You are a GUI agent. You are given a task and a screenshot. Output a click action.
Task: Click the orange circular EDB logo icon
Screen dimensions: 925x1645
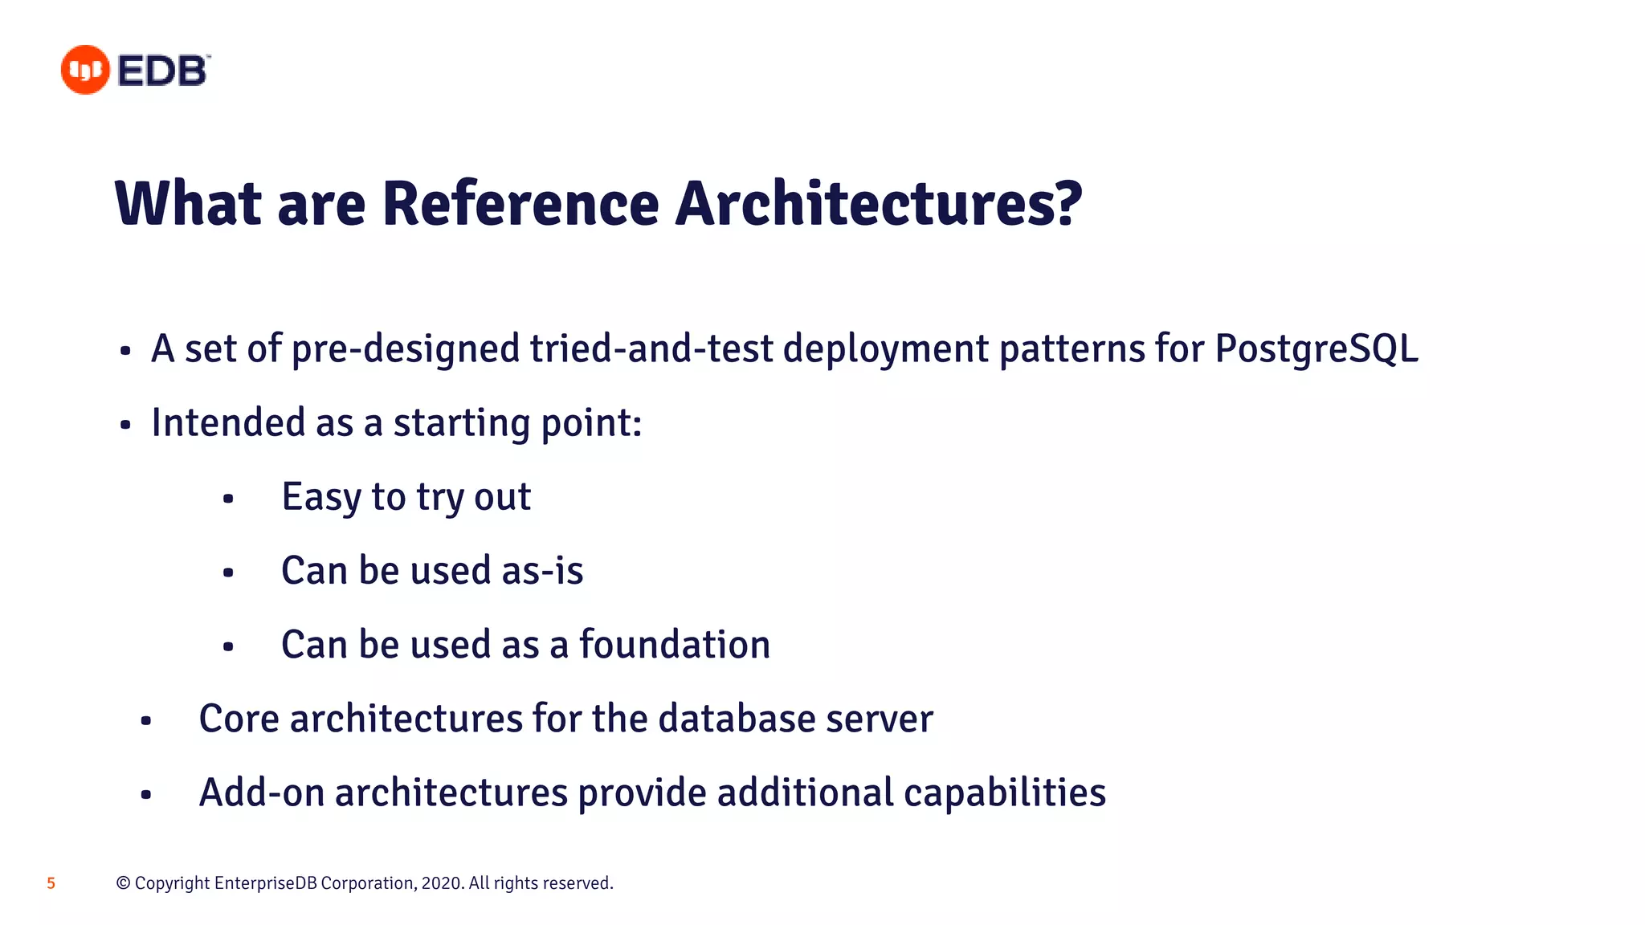pyautogui.click(x=85, y=70)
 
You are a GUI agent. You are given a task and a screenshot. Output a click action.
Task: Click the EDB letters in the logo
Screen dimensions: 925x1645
pyautogui.click(x=163, y=71)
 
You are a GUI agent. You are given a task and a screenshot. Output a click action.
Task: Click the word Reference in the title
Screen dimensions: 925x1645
pyautogui.click(x=520, y=204)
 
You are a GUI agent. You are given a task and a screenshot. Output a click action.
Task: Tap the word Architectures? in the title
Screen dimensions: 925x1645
pyautogui.click(x=879, y=204)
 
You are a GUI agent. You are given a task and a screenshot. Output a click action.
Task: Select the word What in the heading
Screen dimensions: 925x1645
pyautogui.click(x=189, y=204)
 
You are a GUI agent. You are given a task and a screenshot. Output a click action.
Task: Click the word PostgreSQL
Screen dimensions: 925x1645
pyautogui.click(x=1316, y=349)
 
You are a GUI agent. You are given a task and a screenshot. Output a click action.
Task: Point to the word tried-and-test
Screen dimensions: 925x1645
pyautogui.click(x=651, y=349)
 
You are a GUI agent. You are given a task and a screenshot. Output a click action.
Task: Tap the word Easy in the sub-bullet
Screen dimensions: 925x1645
pyautogui.click(x=321, y=498)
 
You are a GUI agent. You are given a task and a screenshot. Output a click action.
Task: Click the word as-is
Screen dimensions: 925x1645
pyautogui.click(x=542, y=571)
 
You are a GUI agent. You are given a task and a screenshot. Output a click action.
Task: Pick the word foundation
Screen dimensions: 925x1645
pyautogui.click(x=674, y=645)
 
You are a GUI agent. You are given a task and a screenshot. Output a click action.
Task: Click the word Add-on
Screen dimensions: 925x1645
pyautogui.click(x=261, y=793)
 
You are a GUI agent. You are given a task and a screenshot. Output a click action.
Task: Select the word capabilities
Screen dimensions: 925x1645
pyautogui.click(x=1004, y=793)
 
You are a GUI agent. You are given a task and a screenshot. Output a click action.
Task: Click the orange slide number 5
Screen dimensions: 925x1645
pyautogui.click(x=51, y=883)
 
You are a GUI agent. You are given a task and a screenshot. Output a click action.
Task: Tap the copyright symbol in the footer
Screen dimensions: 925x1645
pyautogui.click(x=123, y=883)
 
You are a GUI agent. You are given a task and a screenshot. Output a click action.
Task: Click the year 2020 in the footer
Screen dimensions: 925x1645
pyautogui.click(x=441, y=883)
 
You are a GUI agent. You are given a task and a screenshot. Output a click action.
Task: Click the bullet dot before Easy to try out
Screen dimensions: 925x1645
pyautogui.click(x=228, y=499)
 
